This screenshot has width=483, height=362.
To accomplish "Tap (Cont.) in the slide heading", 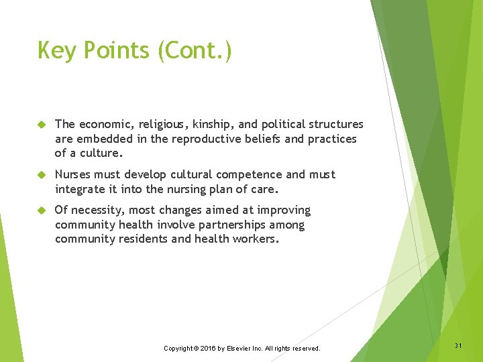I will coord(195,51).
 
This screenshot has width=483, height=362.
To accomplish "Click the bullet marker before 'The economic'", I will coord(40,125).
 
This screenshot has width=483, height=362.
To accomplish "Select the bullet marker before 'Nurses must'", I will coord(40,175).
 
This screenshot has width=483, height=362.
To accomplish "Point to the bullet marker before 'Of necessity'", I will coord(40,210).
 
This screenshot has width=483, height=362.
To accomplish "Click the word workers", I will coord(255,239).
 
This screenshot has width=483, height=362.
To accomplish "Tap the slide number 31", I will coord(458,345).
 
